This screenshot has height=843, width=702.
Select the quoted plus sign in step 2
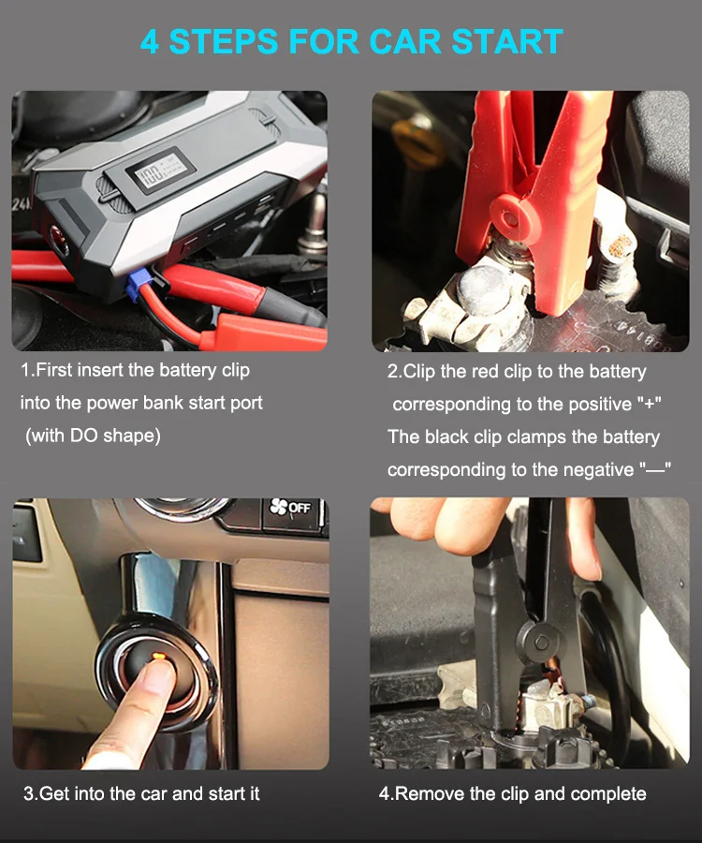tap(651, 404)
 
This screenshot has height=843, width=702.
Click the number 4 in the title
tap(150, 42)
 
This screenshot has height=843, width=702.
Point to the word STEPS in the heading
tap(224, 42)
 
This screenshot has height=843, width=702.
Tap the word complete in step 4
tap(608, 793)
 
